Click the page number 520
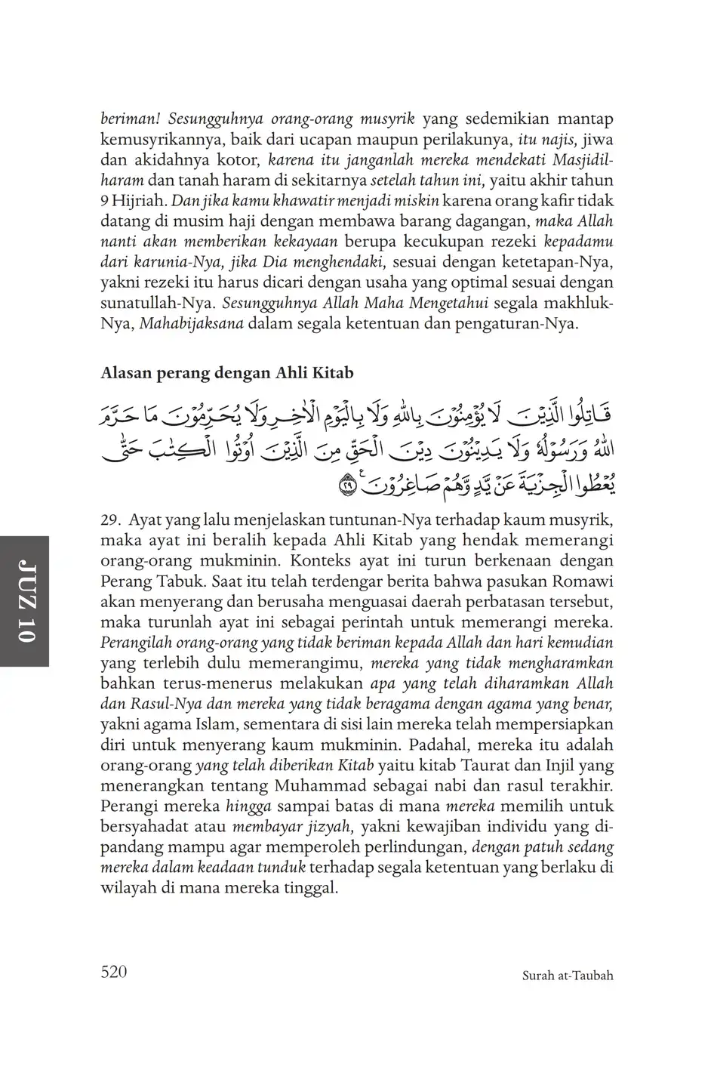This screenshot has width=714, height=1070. [x=114, y=972]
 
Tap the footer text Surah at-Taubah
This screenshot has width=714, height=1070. [x=568, y=976]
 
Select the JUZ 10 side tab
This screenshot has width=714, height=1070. [x=26, y=602]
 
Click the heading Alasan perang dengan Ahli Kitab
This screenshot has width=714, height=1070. [x=226, y=373]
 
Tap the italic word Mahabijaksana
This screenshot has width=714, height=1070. [x=186, y=325]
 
